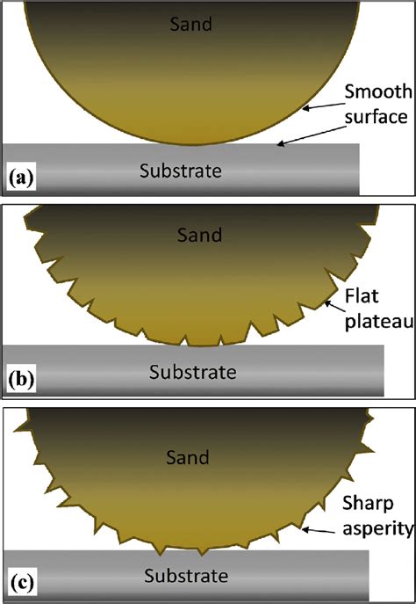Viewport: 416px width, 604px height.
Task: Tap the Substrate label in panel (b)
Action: point(192,372)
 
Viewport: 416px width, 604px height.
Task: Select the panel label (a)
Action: point(20,178)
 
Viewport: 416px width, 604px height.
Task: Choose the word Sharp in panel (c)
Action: point(367,505)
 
